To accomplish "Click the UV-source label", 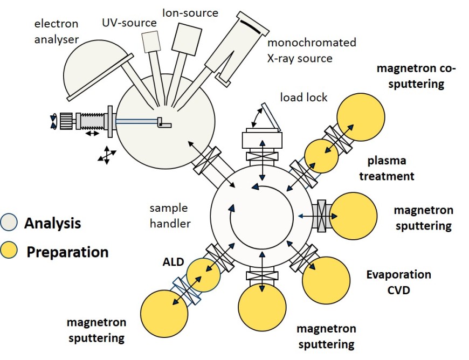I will pyautogui.click(x=129, y=23).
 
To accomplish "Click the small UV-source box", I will pyautogui.click(x=151, y=41).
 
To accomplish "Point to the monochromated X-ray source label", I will pyautogui.click(x=312, y=50).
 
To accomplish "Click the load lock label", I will pyautogui.click(x=303, y=98).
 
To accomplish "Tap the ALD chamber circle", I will pyautogui.click(x=203, y=275).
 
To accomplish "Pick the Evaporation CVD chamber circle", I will pyautogui.click(x=325, y=280).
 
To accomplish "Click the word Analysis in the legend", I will pyautogui.click(x=52, y=222).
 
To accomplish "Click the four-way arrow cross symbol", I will pyautogui.click(x=106, y=155).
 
